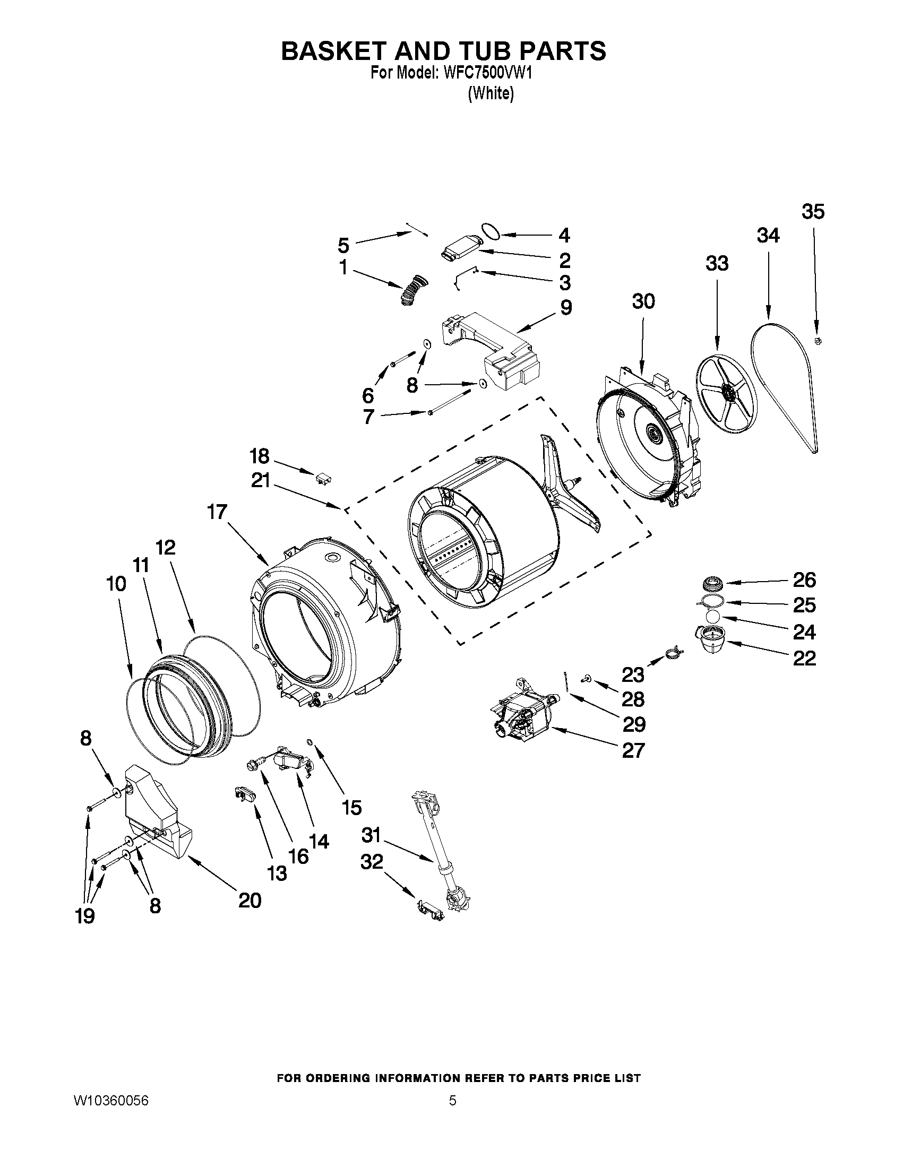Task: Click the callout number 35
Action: point(813,212)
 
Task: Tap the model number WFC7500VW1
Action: point(488,73)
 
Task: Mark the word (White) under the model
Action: point(491,93)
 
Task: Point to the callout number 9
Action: point(565,307)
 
